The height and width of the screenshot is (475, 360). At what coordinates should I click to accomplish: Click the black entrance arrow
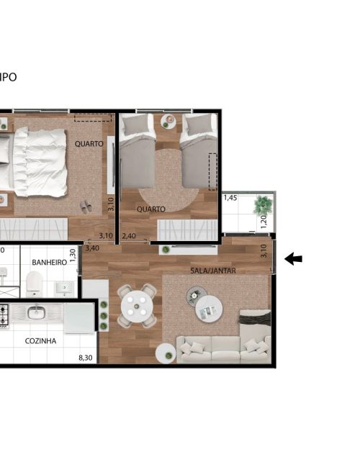coord(293,259)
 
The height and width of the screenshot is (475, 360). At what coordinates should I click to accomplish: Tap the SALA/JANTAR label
coord(213,271)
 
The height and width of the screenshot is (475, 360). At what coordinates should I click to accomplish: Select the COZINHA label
coord(40,341)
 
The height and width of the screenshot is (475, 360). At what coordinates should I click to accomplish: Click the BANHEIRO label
coord(50,263)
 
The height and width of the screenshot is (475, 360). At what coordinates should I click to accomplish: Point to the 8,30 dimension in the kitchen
coord(86,358)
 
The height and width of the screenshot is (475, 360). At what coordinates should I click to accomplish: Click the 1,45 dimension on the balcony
coord(230,198)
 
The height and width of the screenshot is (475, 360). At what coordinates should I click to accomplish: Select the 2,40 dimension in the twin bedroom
coord(129,235)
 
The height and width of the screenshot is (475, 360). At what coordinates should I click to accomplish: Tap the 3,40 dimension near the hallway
coord(92,248)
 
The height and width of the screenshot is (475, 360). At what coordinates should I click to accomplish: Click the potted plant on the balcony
coord(262,205)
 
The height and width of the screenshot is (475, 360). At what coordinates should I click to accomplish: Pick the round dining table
coord(137,306)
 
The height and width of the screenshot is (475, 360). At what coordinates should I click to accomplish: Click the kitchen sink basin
coord(37,312)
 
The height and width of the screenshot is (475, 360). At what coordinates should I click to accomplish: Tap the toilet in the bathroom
coord(35,284)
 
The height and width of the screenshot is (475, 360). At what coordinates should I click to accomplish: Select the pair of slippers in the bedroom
coord(86,207)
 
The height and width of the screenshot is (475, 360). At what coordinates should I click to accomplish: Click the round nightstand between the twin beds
coord(168,122)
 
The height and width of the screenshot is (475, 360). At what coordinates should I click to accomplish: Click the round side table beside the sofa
coord(166,353)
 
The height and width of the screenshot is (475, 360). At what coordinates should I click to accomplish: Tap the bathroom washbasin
coord(64,289)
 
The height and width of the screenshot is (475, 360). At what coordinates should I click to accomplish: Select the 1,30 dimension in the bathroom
coord(73,255)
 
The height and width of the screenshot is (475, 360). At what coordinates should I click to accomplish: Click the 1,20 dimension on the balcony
coord(264,222)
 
